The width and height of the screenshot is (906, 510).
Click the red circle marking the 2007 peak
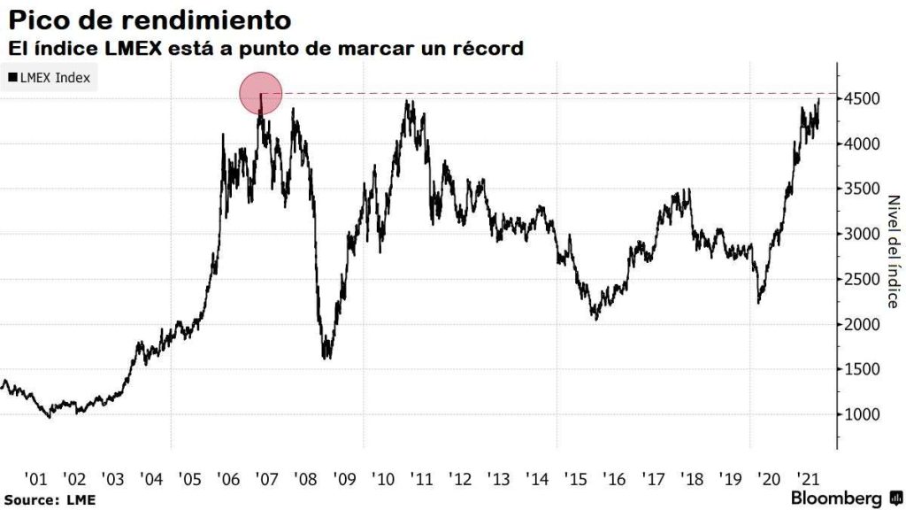click(x=261, y=93)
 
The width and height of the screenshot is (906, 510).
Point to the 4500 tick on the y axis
click(x=861, y=99)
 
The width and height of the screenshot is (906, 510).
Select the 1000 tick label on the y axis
click(x=861, y=414)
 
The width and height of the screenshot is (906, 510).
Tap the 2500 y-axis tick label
click(x=861, y=280)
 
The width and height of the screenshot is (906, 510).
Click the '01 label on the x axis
click(x=36, y=478)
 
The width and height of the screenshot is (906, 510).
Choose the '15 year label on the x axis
click(x=577, y=478)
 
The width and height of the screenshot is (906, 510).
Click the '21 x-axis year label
click(x=807, y=478)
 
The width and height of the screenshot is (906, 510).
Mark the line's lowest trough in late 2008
click(x=327, y=357)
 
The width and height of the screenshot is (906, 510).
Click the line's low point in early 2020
click(x=759, y=303)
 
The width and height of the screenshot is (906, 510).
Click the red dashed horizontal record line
click(x=557, y=93)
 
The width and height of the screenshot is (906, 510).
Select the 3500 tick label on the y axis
click(x=861, y=189)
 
